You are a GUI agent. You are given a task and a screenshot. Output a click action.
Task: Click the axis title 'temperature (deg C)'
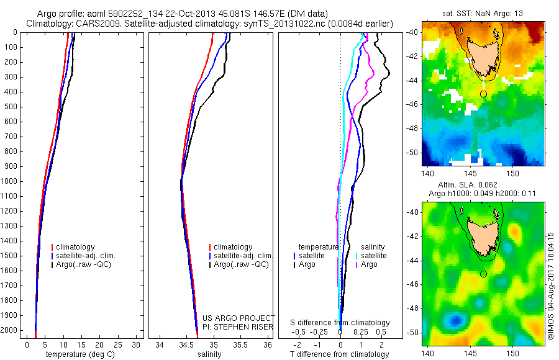[x=81, y=354]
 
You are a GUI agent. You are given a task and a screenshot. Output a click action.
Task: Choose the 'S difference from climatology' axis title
[x=340, y=323]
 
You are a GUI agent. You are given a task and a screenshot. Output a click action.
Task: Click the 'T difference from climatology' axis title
[x=340, y=354]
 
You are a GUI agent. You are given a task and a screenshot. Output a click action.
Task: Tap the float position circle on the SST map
[x=483, y=94]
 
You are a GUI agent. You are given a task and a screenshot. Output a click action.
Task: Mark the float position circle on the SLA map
[x=483, y=274]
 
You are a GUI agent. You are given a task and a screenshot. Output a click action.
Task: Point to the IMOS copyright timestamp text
[x=551, y=286]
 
